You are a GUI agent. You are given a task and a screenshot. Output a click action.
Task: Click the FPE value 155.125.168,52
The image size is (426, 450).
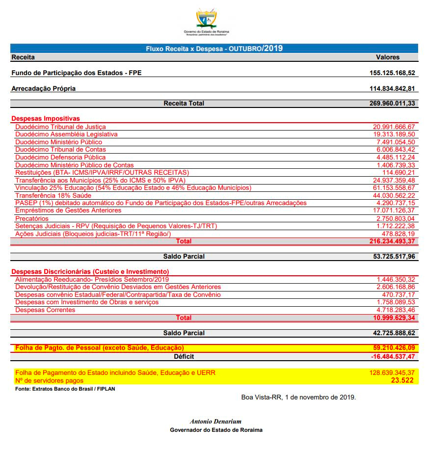point(392,73)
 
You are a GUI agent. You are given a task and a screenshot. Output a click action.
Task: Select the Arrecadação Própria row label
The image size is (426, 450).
point(43,89)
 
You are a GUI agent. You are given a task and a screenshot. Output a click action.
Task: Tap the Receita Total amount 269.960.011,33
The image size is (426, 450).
point(392,104)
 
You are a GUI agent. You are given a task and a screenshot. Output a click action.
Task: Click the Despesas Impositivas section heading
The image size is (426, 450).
point(45,119)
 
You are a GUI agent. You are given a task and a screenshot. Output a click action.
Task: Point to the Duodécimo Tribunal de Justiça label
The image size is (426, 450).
point(60,127)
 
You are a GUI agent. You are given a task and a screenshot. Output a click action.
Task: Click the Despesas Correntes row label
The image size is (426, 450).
point(45,310)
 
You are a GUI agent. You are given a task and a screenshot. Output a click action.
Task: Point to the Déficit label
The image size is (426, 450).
point(184,356)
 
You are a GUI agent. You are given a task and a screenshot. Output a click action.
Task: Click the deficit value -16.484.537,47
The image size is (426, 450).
point(393,356)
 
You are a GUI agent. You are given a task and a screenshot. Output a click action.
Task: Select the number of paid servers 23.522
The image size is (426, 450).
point(402,380)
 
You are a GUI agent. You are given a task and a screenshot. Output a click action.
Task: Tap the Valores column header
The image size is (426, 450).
point(388,57)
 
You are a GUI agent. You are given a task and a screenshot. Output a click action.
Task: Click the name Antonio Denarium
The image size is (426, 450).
point(215,422)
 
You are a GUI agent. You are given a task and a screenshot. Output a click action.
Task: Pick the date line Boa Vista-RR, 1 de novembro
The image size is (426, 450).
point(298,397)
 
